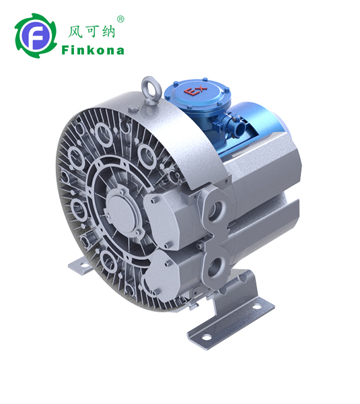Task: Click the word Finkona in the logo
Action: (92, 50)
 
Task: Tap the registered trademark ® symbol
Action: (120, 20)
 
